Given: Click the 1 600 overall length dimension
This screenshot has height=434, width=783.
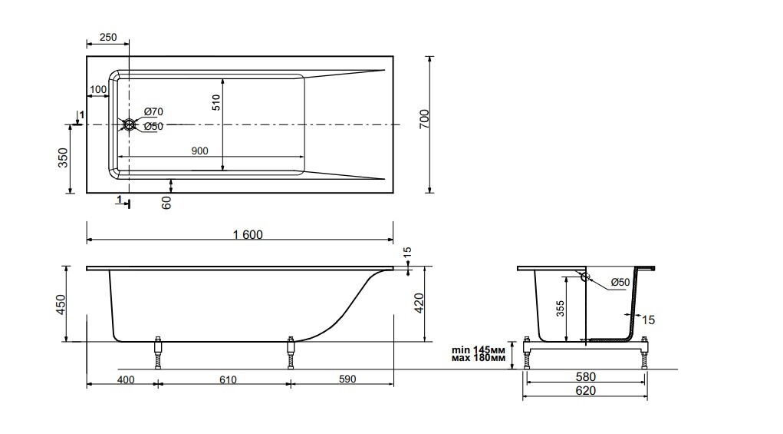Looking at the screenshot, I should click(x=246, y=234).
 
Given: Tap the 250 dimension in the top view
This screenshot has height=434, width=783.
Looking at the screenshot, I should click(x=107, y=38).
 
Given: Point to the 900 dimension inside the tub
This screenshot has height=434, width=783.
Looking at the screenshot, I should click(x=199, y=151).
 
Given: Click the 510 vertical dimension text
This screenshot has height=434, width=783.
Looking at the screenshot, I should click(x=216, y=103).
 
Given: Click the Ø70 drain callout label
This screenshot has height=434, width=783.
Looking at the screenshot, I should click(x=153, y=112).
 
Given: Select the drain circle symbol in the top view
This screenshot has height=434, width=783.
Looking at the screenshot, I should click(x=129, y=124).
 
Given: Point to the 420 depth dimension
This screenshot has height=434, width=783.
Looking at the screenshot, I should click(x=419, y=304).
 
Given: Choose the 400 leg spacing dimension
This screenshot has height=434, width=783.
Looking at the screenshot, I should click(x=127, y=379).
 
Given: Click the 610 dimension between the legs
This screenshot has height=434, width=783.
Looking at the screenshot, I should click(x=228, y=379).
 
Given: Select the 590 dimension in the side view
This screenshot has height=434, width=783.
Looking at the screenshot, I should click(x=348, y=379).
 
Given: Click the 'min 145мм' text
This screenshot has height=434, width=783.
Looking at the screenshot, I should click(x=478, y=350).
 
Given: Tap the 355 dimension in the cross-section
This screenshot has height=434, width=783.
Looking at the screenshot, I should click(x=560, y=309).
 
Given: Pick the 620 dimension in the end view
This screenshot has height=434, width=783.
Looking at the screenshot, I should click(x=584, y=391).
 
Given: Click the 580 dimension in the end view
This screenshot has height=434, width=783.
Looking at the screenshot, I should click(x=584, y=377).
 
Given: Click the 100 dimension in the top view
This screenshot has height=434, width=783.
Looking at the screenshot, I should click(x=98, y=90).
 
